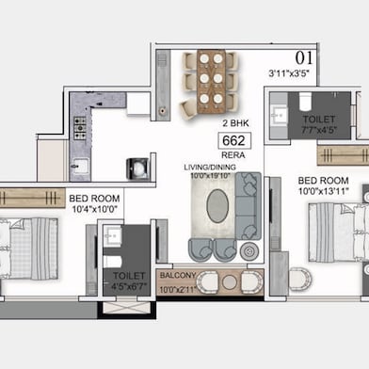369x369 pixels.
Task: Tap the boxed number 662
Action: [232, 141]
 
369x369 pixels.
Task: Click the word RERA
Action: [232, 156]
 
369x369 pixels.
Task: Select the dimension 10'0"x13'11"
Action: [322, 191]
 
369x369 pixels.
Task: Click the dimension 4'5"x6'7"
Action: [130, 288]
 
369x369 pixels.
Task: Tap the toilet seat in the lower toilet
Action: [111, 263]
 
